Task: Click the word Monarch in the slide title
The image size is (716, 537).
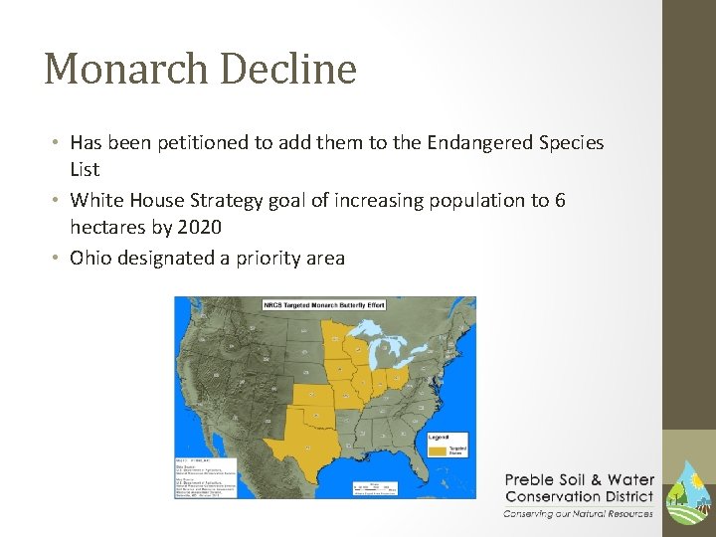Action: pyautogui.click(x=125, y=70)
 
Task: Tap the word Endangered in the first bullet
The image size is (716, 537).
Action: pyautogui.click(x=480, y=142)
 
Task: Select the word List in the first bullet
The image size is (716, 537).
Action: pyautogui.click(x=85, y=170)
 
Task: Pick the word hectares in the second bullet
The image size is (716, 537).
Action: pyautogui.click(x=103, y=229)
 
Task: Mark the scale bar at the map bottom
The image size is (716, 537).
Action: pyautogui.click(x=376, y=487)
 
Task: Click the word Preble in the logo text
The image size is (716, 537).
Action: pyautogui.click(x=534, y=480)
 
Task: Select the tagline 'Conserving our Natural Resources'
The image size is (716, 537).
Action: pyautogui.click(x=578, y=514)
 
